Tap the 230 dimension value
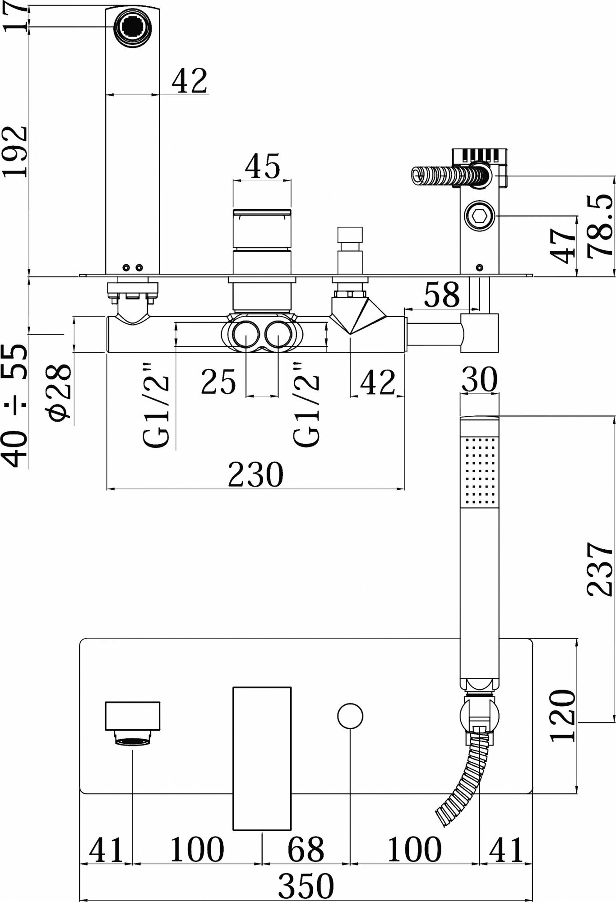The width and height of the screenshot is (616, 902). [255, 474]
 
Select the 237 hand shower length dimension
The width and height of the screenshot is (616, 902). [600, 569]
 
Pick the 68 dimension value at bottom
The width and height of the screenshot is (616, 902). [306, 849]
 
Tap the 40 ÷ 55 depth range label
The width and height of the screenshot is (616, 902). [14, 405]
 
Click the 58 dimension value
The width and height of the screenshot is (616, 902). [442, 295]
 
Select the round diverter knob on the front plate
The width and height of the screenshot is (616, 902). [350, 716]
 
